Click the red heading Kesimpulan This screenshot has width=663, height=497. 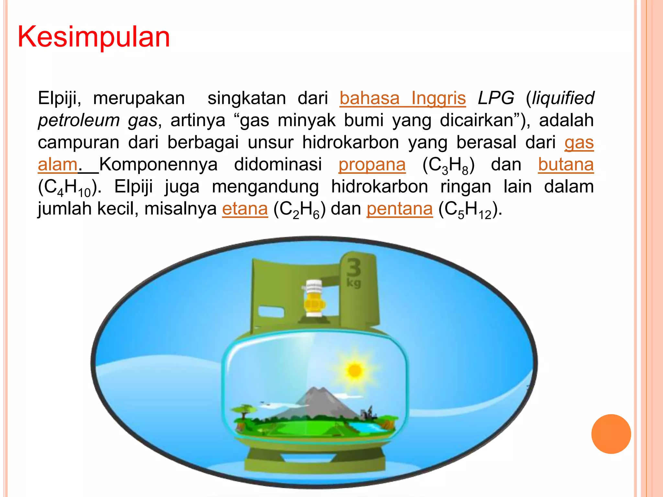click(x=94, y=37)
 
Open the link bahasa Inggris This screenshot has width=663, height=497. click(x=402, y=98)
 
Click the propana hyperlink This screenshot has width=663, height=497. click(x=372, y=164)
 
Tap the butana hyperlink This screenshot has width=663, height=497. click(x=566, y=164)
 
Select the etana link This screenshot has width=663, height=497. click(x=245, y=209)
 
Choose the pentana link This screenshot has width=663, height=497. click(x=399, y=209)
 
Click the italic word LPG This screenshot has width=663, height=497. click(x=496, y=98)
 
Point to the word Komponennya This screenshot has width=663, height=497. click(x=158, y=164)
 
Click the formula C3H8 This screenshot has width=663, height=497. click(x=448, y=166)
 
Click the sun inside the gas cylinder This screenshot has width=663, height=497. click(x=355, y=370)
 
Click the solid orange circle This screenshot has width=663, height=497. click(x=611, y=434)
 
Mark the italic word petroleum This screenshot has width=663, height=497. click(x=79, y=120)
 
